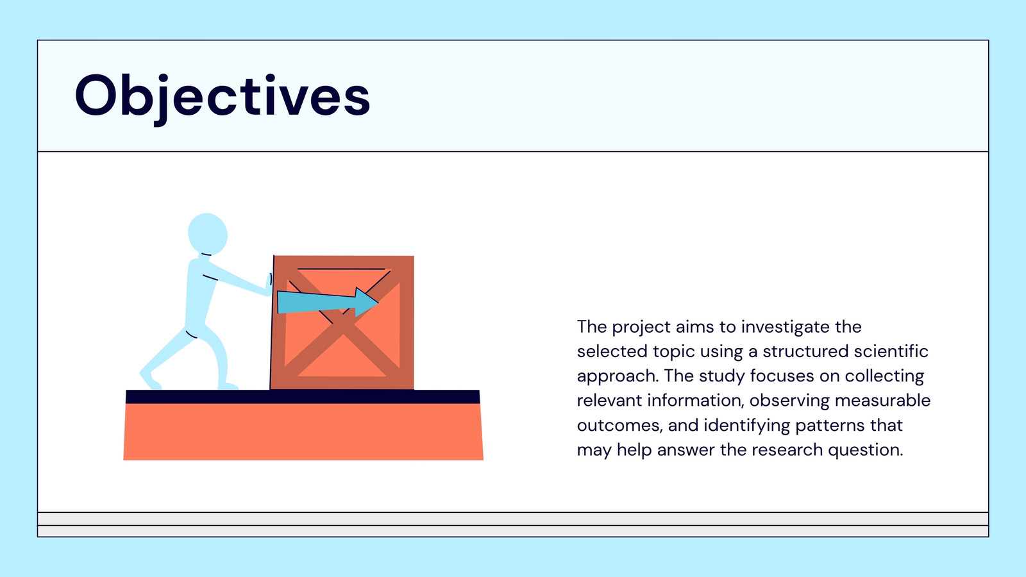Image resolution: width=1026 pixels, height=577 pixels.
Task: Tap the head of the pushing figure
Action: (208, 233)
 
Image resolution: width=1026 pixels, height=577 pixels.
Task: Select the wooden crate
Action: (342, 322)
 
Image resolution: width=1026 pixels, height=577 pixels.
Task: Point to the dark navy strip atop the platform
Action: (303, 397)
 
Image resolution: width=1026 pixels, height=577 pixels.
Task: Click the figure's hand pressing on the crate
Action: (269, 284)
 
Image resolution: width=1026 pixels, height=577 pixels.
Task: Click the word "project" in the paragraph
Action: (641, 328)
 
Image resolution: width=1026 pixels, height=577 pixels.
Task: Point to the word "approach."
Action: (618, 376)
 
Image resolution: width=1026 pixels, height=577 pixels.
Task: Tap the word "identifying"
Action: (747, 426)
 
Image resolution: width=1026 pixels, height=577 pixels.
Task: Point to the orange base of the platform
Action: (303, 432)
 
